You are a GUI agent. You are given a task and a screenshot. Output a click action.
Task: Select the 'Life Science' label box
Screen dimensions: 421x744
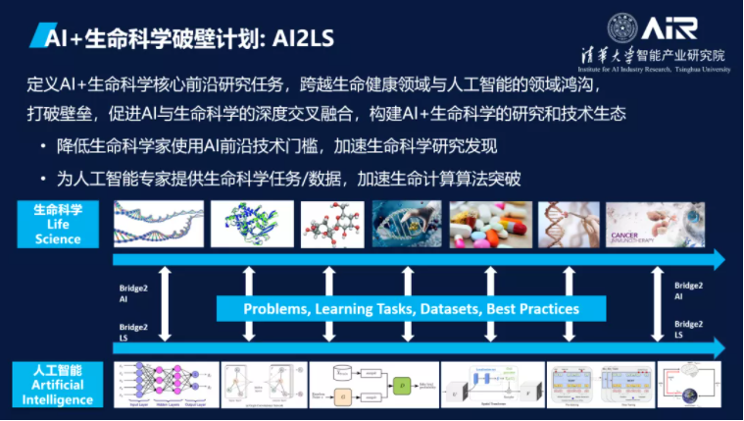click(x=58, y=225)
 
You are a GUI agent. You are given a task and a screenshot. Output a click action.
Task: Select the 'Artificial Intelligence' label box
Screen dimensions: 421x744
click(x=58, y=384)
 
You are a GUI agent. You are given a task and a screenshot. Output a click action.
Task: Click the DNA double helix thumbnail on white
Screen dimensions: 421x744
click(x=157, y=225)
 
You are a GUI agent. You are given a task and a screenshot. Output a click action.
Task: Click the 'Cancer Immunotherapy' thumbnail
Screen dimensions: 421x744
click(x=655, y=225)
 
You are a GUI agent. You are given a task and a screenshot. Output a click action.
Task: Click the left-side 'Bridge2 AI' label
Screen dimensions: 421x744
click(x=131, y=290)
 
